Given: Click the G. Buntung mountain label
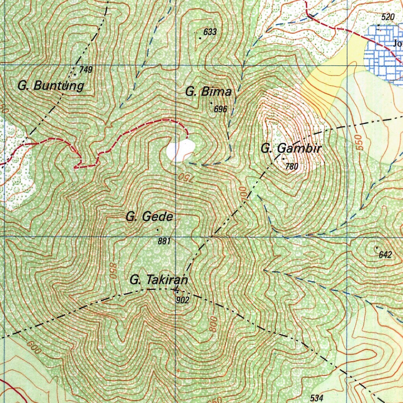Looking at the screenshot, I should (x=51, y=85).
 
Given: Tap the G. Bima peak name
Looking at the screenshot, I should (x=208, y=92).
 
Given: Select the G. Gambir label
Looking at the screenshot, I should (x=291, y=149).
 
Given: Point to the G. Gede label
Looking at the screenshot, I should (x=150, y=216).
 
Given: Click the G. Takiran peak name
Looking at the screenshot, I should (x=159, y=281).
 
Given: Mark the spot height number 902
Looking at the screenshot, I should (x=183, y=300).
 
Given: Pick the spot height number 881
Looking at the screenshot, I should (x=164, y=241).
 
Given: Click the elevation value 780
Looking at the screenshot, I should (x=292, y=166).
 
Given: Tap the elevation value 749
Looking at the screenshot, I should (x=85, y=70).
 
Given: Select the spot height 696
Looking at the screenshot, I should (x=221, y=109).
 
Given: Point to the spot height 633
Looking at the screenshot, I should (x=210, y=32).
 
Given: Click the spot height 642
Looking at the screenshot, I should (x=385, y=255).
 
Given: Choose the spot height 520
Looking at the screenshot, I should (x=388, y=17).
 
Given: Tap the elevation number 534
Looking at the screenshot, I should (x=317, y=398).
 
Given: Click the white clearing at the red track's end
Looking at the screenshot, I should (x=181, y=150).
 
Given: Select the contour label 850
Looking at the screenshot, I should (x=113, y=271).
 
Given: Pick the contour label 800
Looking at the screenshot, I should (x=214, y=324).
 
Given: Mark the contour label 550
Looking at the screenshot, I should (x=359, y=142).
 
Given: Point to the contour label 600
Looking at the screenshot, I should (x=35, y=346).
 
